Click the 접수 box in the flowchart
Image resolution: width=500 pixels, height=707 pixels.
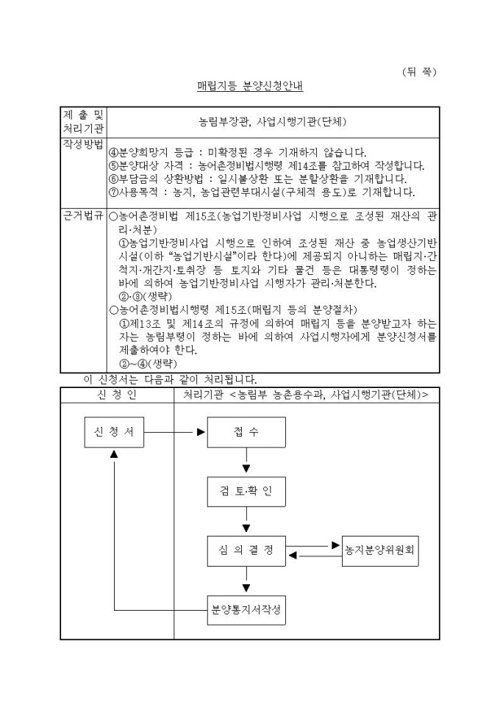point(246,432)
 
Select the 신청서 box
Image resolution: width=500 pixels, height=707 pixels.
point(113,432)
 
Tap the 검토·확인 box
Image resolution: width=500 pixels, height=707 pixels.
point(246,491)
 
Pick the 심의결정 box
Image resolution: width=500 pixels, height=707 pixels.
point(246,551)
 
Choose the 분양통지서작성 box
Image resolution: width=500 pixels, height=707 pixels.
point(246,610)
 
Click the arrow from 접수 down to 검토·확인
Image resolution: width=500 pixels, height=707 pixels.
point(246,462)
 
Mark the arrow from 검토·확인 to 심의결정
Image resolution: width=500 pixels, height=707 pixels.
point(246,521)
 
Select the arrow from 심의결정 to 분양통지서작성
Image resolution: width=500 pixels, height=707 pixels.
point(246,581)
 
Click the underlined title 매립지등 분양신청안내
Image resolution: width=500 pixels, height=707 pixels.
point(250,86)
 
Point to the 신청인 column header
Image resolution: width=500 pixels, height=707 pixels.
point(117,395)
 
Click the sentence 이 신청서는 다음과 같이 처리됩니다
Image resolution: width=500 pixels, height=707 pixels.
point(170,380)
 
